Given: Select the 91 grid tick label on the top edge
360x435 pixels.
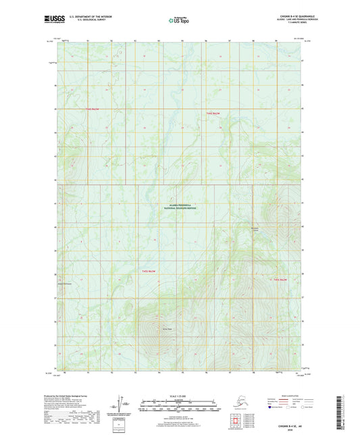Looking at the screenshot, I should [x=88, y=41].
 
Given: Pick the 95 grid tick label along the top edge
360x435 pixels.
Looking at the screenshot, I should [x=182, y=41].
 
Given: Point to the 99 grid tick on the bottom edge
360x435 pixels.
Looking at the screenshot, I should [x=278, y=372].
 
